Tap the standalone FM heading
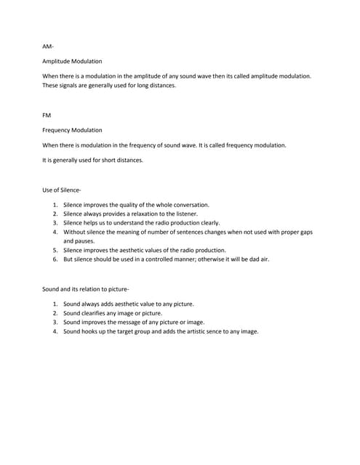pyautogui.click(x=47, y=114)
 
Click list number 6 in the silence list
pyautogui.click(x=55, y=258)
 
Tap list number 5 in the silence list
pyautogui.click(x=55, y=249)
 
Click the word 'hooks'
pyautogui.click(x=90, y=331)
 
